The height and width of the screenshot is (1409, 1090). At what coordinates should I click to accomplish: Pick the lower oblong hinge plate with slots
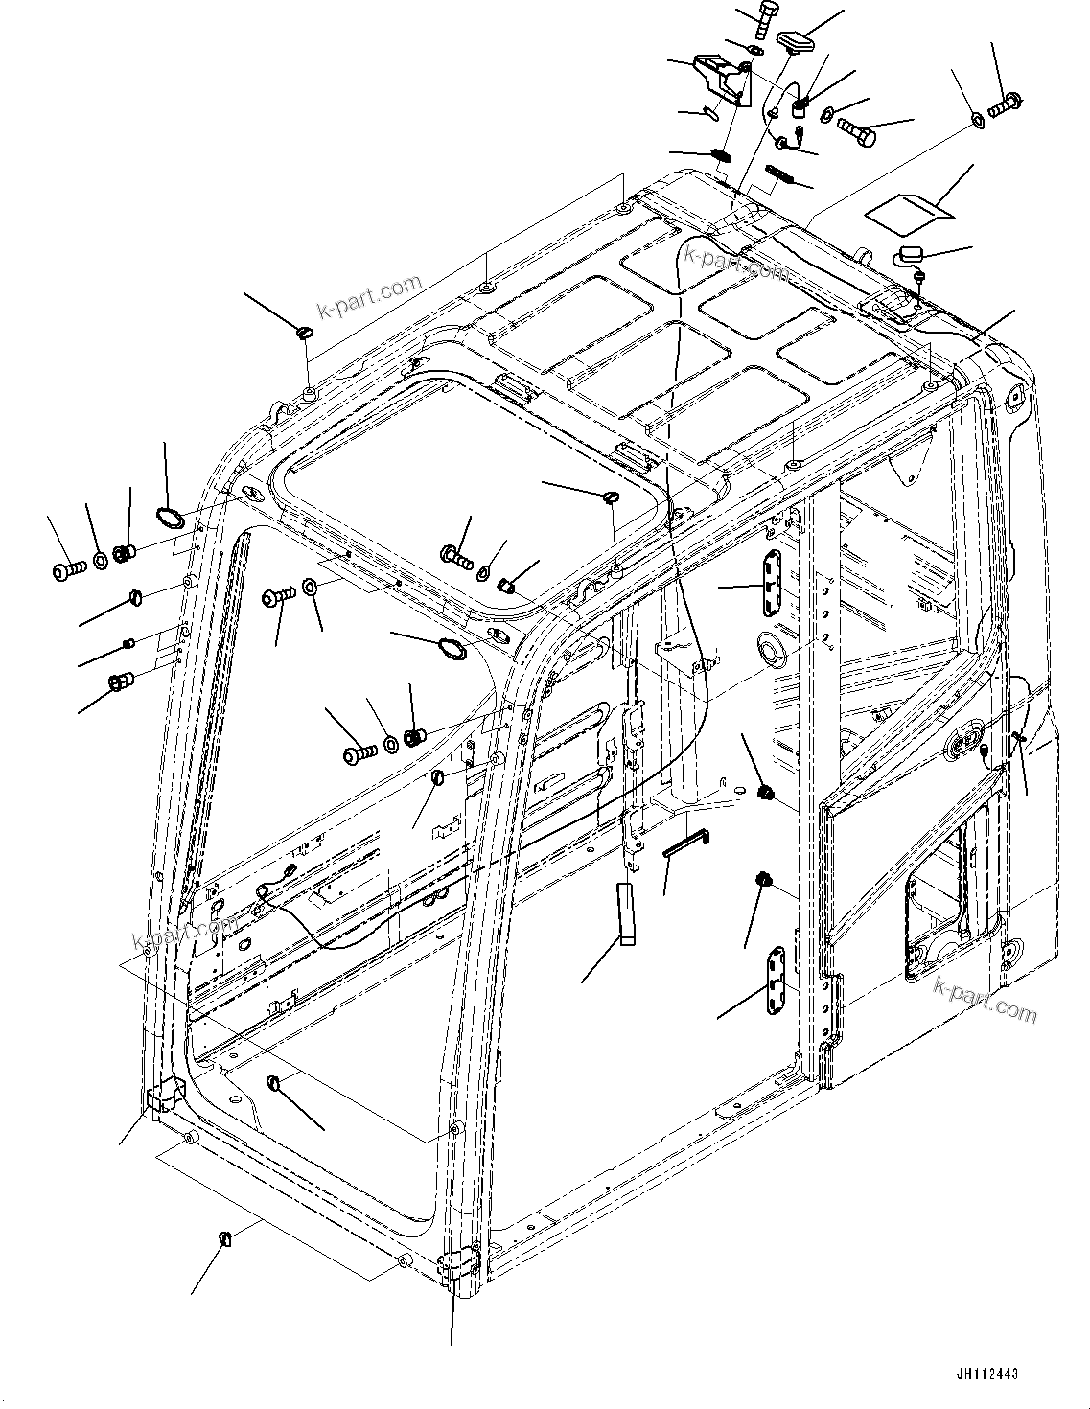coord(776,980)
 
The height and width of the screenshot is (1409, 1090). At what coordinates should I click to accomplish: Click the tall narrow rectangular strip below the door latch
coord(626,914)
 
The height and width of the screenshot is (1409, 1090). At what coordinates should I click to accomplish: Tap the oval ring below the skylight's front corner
coord(452,649)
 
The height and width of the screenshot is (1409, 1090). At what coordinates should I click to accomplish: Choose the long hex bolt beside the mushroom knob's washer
coord(856,131)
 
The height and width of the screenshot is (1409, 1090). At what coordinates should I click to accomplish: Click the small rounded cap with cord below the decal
coord(910,255)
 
